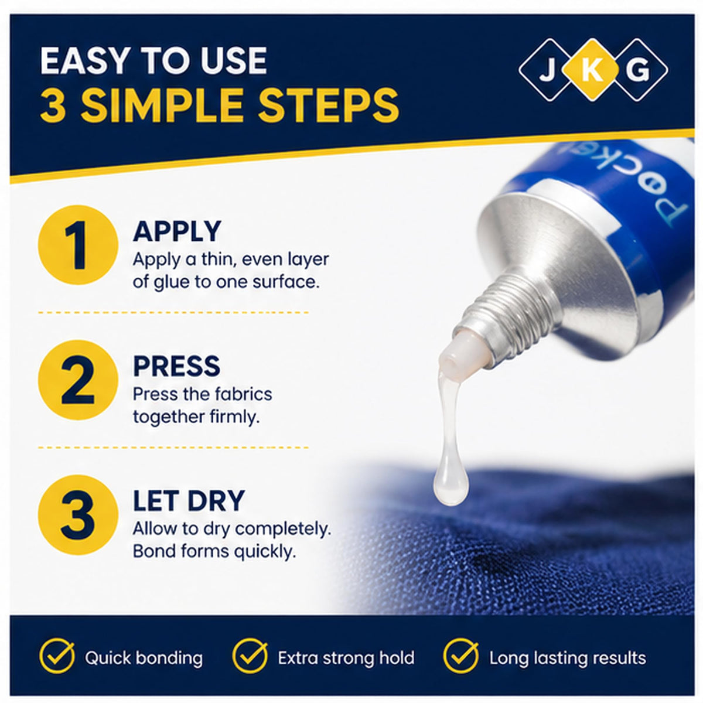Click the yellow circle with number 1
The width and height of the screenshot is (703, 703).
tap(78, 244)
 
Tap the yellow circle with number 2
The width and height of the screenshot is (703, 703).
tap(78, 380)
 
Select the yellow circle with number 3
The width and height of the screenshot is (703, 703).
tap(78, 515)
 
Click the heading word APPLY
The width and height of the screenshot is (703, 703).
tap(177, 231)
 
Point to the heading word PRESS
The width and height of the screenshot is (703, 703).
tap(176, 366)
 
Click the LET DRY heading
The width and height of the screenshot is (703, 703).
tap(189, 500)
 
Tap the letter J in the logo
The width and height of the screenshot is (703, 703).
tap(546, 70)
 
